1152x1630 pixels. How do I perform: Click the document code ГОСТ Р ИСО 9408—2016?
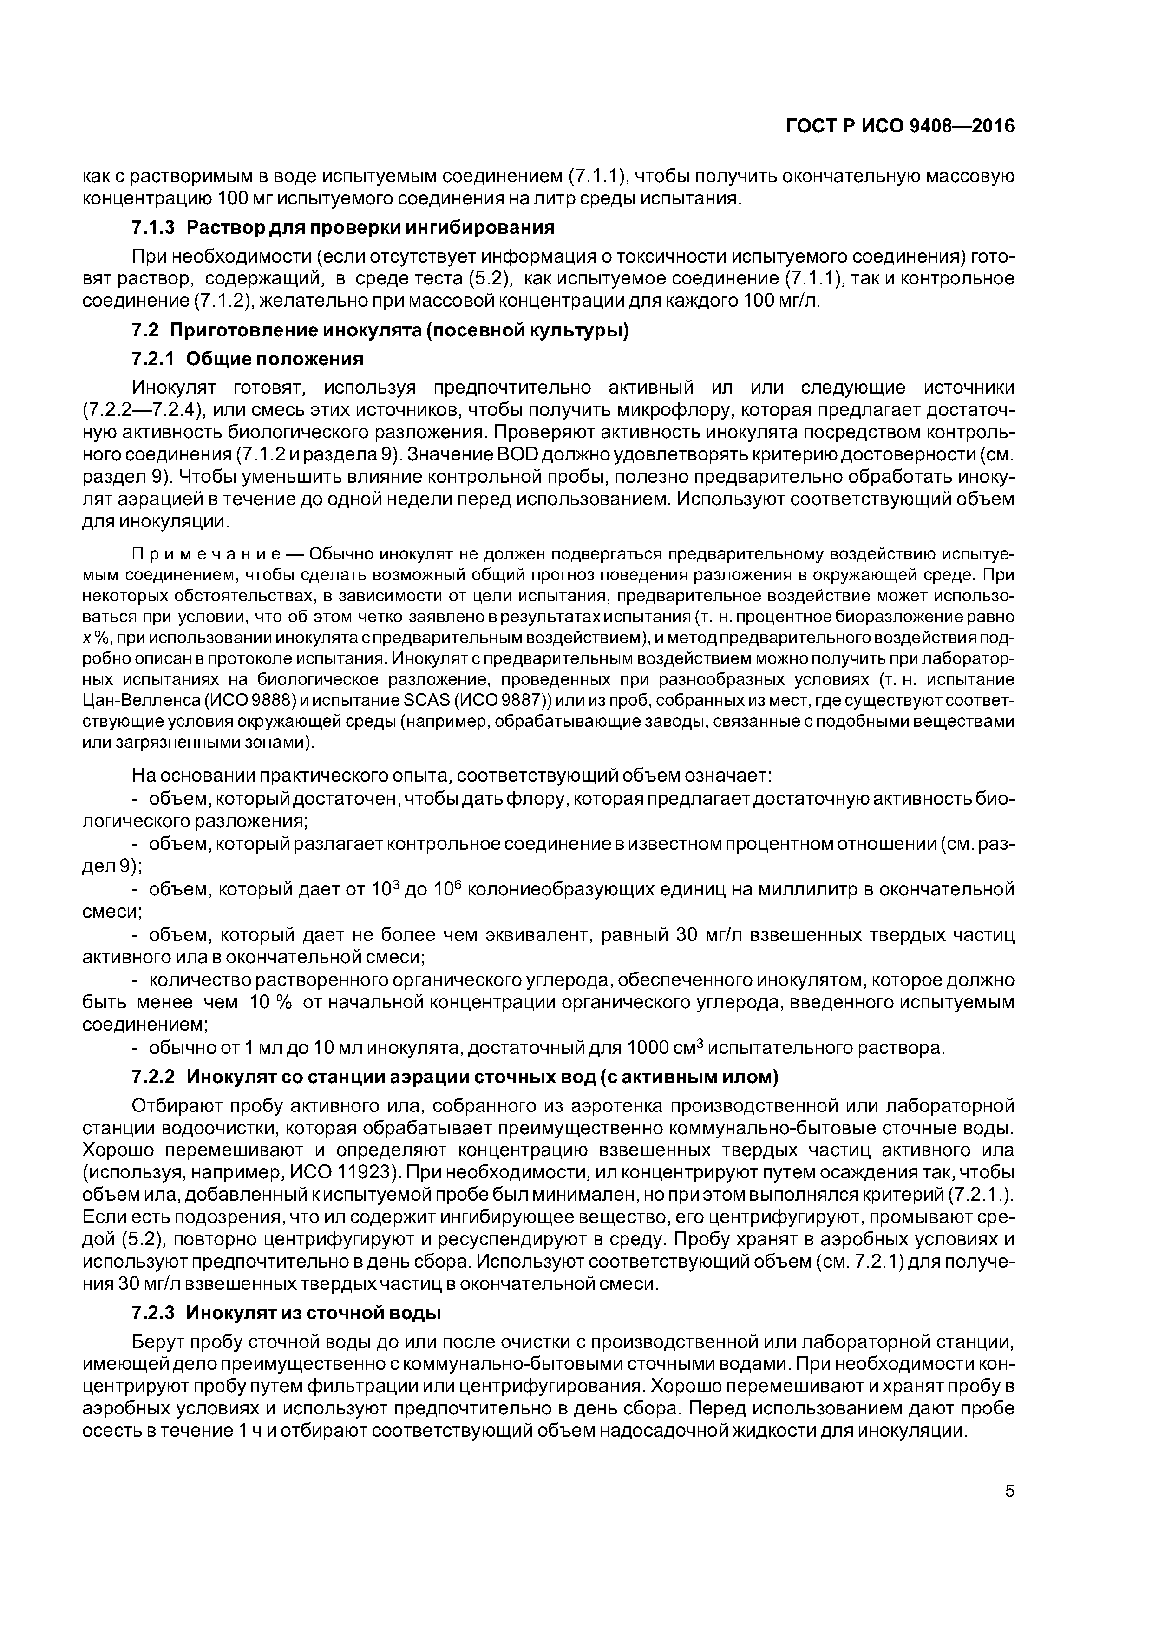[x=900, y=126]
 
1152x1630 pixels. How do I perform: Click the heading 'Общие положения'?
[x=275, y=359]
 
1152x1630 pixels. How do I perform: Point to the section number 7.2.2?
[x=153, y=1078]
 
